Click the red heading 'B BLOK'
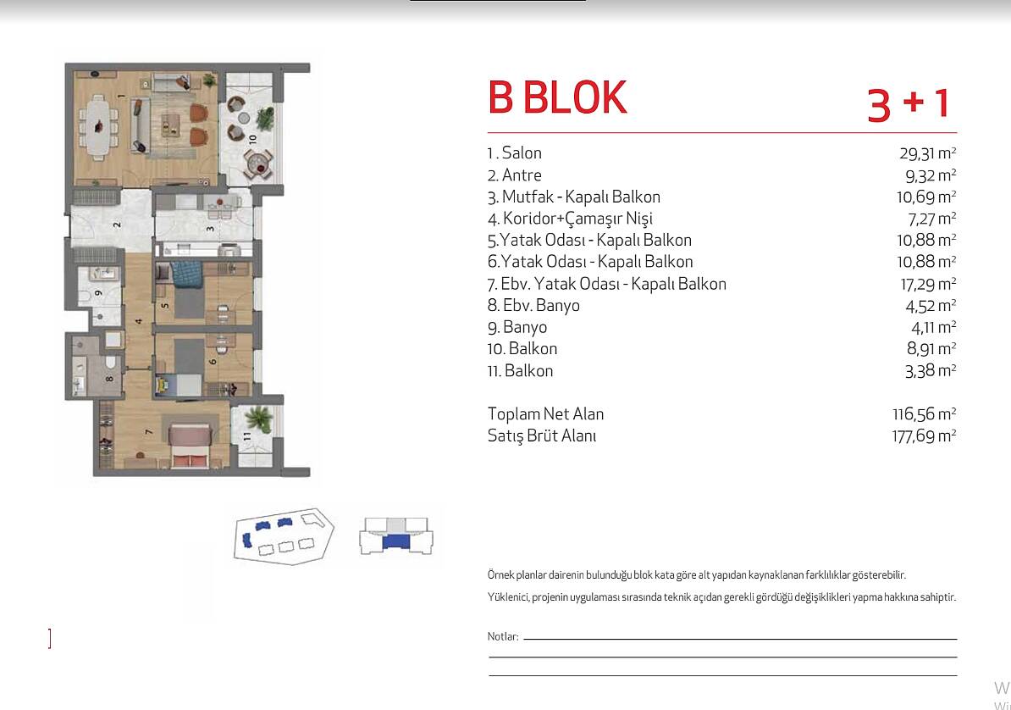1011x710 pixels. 557,97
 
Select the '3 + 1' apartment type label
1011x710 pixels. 908,103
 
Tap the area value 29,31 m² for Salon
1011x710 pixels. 927,153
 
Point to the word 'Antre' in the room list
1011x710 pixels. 522,175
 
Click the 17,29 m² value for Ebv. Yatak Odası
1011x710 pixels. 928,284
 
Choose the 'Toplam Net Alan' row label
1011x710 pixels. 545,413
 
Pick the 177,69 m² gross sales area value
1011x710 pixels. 924,435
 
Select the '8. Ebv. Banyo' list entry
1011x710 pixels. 533,305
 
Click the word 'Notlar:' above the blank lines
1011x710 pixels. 503,636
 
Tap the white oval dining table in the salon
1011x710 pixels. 98,126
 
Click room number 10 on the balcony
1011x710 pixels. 252,138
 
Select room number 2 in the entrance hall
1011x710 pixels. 117,225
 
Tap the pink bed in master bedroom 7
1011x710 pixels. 191,446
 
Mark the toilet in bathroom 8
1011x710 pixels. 109,362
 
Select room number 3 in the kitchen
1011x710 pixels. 210,229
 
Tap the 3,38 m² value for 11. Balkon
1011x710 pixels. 931,371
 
